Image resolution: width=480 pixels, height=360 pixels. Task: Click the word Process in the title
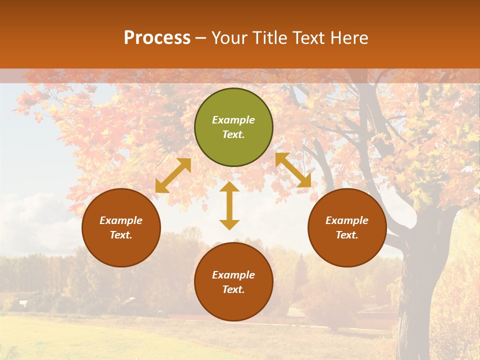tap(157, 38)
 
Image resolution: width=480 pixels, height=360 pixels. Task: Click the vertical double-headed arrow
tap(229, 205)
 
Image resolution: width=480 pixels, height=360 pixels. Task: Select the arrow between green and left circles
tap(173, 175)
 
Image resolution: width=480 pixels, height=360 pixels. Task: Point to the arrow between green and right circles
tap(293, 170)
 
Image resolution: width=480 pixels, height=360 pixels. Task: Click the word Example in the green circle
tap(233, 120)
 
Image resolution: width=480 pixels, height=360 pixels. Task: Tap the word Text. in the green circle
tap(233, 134)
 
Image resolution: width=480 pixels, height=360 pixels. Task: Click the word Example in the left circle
tap(121, 220)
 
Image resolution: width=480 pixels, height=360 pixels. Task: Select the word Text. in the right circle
tap(347, 235)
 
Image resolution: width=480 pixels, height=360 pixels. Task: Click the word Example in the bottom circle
tap(233, 275)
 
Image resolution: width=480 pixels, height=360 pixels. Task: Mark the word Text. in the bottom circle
tap(233, 289)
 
